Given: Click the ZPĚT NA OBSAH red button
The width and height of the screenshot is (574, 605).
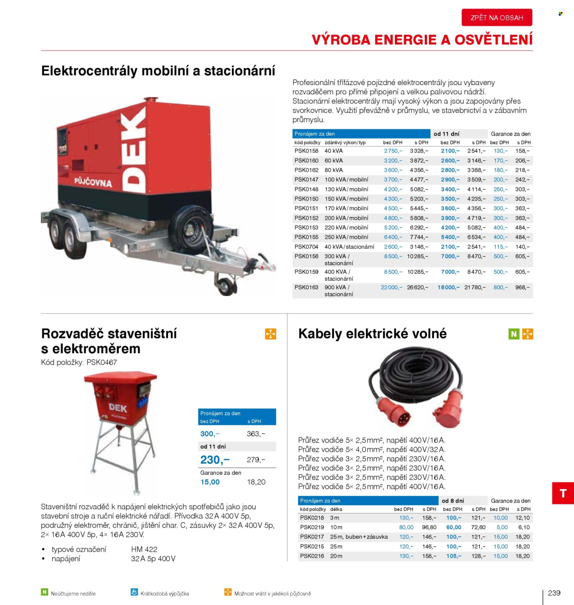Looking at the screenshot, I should click(x=497, y=17).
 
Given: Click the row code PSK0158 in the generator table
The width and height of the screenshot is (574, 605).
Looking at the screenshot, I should click(x=306, y=151).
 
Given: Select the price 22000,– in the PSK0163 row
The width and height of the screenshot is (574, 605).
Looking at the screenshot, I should click(x=391, y=287).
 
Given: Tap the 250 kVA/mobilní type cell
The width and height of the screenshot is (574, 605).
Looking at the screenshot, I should click(x=346, y=237).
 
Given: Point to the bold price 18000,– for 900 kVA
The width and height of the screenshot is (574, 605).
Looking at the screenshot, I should click(x=448, y=287).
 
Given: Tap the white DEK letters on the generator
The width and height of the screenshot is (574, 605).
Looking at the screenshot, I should click(x=135, y=152).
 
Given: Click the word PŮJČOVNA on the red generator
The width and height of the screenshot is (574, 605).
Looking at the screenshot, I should click(x=93, y=182).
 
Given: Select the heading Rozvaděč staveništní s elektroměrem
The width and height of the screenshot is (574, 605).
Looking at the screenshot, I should click(x=109, y=341).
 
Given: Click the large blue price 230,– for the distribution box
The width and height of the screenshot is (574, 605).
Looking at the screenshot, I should click(x=214, y=460).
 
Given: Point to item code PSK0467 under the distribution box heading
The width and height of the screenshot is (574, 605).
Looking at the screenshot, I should click(x=101, y=362).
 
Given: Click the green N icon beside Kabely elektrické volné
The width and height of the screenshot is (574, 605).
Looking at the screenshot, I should click(x=514, y=334).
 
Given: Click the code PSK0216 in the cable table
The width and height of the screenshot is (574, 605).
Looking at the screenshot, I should click(x=312, y=556).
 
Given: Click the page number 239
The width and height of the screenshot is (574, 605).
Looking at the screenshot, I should click(x=554, y=593).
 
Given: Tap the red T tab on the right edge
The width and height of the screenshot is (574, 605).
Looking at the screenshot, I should click(x=563, y=493).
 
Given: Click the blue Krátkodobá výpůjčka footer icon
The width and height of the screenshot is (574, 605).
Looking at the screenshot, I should click(x=134, y=592).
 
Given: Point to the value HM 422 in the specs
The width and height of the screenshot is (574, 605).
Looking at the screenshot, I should click(x=144, y=549).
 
